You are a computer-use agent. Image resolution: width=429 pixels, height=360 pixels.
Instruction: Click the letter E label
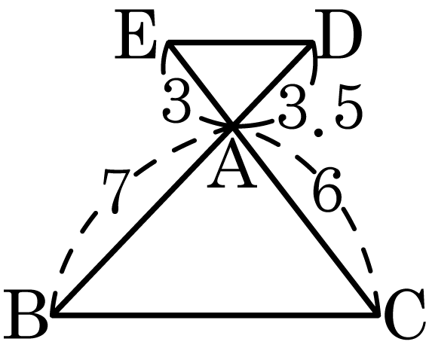[x=136, y=34]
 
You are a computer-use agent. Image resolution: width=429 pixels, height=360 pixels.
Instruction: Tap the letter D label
[x=339, y=34]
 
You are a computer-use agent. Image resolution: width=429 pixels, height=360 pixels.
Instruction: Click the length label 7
[x=116, y=191]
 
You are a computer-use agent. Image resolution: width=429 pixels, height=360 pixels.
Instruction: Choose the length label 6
[x=327, y=189]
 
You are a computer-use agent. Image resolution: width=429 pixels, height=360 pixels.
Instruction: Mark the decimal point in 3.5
[x=318, y=133]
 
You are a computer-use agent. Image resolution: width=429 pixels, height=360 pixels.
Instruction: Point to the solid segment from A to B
[x=143, y=220]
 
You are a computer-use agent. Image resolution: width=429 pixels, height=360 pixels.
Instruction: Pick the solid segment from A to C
[x=306, y=221]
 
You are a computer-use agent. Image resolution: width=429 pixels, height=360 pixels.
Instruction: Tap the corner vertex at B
[x=54, y=314]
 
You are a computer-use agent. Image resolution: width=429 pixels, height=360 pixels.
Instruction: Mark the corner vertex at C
[x=378, y=314]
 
